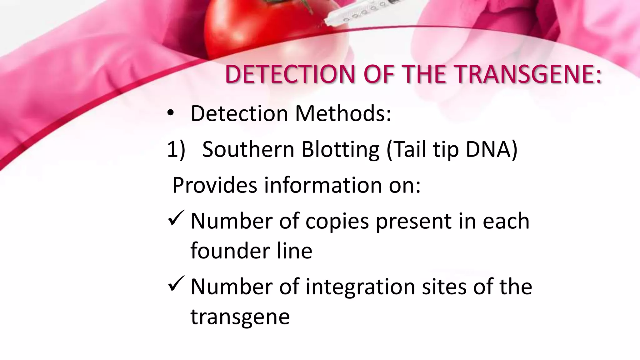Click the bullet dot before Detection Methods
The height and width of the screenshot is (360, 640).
click(x=170, y=113)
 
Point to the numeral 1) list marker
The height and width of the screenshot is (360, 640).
click(x=176, y=149)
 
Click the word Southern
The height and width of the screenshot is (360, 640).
click(x=248, y=149)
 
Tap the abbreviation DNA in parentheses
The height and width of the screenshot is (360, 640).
click(x=491, y=149)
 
